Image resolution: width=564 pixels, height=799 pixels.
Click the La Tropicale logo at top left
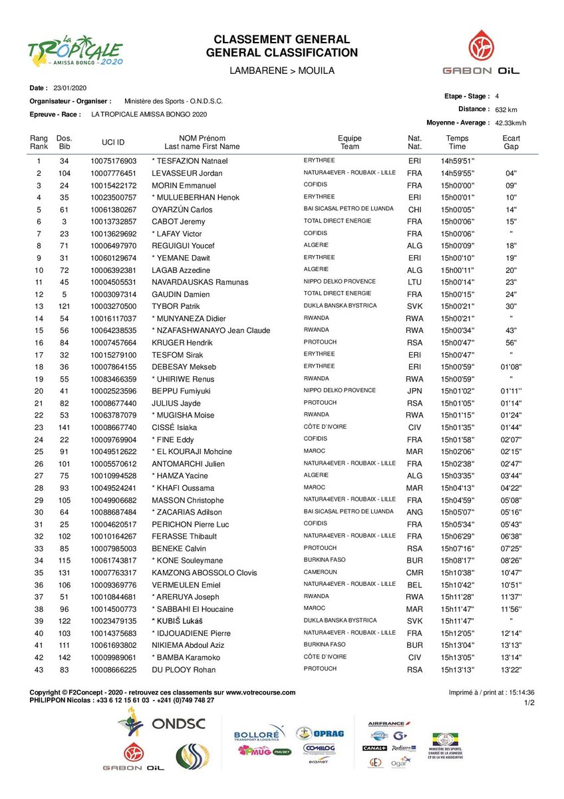click(x=75, y=51)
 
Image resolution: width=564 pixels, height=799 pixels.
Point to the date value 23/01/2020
click(x=69, y=88)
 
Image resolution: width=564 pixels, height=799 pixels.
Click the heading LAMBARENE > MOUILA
click(x=281, y=71)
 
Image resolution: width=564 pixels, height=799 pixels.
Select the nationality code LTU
click(x=414, y=282)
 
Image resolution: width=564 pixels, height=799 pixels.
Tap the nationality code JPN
click(x=414, y=391)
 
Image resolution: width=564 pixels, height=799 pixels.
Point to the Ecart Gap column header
click(x=511, y=142)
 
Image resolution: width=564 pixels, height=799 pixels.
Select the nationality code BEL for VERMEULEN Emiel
click(x=414, y=585)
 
